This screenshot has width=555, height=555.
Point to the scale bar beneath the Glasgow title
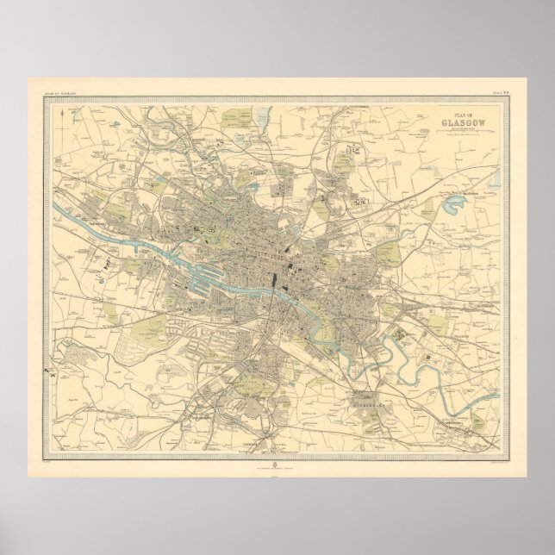click(462, 131)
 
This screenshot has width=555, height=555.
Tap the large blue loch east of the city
click(452, 205)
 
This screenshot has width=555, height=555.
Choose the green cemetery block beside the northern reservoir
click(235, 119)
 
